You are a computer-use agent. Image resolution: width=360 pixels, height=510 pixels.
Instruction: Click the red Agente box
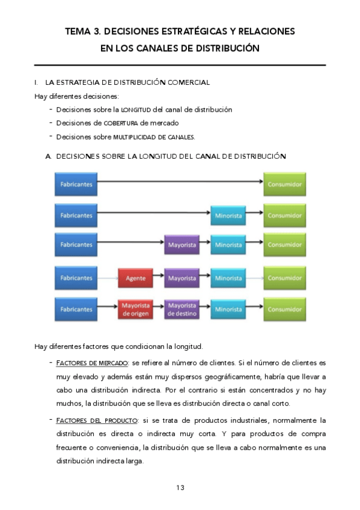click(x=135, y=278)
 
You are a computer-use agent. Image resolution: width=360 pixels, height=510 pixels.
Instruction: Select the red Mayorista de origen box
click(x=135, y=310)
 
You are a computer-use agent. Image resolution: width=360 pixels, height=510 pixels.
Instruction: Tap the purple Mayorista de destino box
click(x=182, y=310)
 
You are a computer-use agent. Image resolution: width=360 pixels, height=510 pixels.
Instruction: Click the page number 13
click(x=180, y=487)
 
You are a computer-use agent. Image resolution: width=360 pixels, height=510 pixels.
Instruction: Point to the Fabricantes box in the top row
click(x=76, y=184)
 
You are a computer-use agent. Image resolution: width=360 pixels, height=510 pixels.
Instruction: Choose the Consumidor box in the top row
click(x=285, y=184)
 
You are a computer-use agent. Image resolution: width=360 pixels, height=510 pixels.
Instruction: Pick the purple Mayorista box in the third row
click(x=182, y=245)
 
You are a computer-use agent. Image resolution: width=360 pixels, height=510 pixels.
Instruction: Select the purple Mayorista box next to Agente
click(x=182, y=278)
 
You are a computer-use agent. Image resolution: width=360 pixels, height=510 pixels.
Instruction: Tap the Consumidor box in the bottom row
click(x=285, y=310)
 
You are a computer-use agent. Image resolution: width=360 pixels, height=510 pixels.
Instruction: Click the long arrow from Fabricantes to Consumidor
click(x=180, y=180)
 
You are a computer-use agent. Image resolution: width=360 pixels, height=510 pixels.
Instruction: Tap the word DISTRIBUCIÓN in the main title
click(x=224, y=48)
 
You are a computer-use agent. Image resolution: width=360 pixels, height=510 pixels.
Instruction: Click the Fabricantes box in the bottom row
click(x=76, y=310)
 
